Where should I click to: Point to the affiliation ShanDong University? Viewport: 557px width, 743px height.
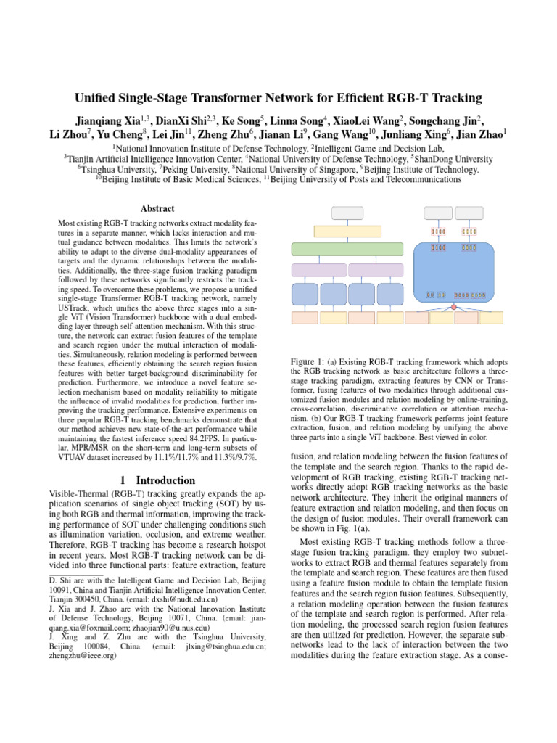click(x=453, y=158)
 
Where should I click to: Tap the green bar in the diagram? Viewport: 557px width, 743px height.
click(x=347, y=249)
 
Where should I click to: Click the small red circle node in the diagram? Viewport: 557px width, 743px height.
click(x=453, y=308)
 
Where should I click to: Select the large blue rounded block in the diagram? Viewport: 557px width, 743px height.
click(x=453, y=272)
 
